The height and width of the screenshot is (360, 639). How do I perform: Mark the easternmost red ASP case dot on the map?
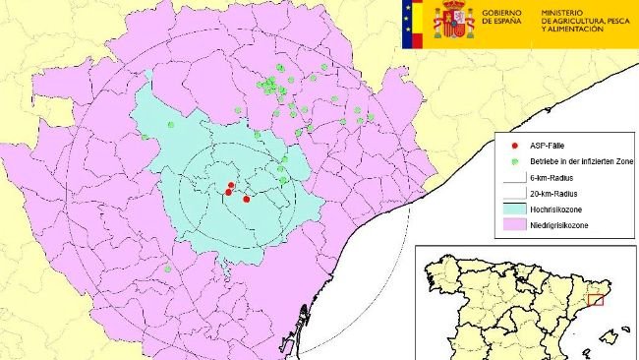click(x=246, y=199)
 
